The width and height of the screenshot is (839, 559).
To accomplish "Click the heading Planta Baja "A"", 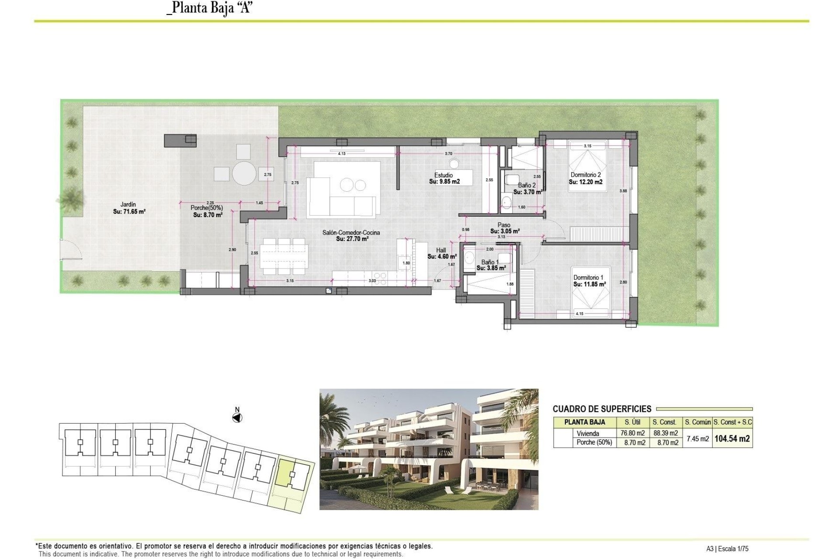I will tap(210, 8).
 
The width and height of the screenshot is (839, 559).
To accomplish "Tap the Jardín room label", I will tap(128, 204).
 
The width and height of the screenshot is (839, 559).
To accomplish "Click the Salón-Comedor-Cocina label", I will tap(351, 233).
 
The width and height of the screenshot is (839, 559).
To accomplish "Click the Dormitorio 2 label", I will tap(586, 175).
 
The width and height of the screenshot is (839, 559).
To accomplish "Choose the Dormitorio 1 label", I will tap(588, 277).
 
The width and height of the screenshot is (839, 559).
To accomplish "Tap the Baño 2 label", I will tap(527, 185).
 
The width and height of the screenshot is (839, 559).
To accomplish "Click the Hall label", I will tap(441, 250).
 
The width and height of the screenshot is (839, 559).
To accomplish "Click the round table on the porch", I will tap(244, 173).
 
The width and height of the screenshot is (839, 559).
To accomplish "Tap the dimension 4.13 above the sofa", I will tap(342, 154).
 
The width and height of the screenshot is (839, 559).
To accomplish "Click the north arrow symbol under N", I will tap(237, 418).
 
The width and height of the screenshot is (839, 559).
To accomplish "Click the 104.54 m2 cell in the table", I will tap(732, 438).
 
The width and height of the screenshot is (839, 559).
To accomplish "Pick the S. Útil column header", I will tap(632, 422).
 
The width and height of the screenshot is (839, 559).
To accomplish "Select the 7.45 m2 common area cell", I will tap(697, 438).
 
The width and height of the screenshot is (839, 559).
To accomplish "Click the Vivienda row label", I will tap(588, 434).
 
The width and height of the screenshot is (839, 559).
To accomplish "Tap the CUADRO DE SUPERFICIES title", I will tap(602, 409).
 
